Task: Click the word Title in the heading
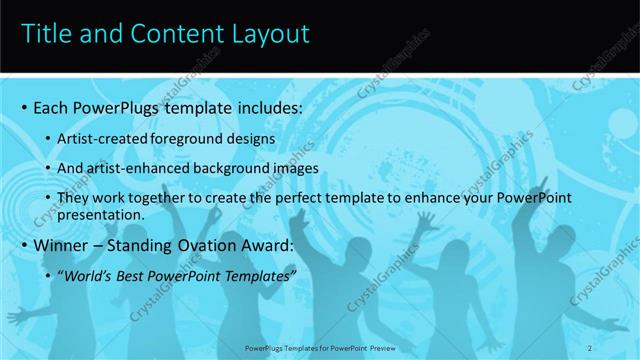click(45, 36)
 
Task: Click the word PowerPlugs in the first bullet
click(116, 107)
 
